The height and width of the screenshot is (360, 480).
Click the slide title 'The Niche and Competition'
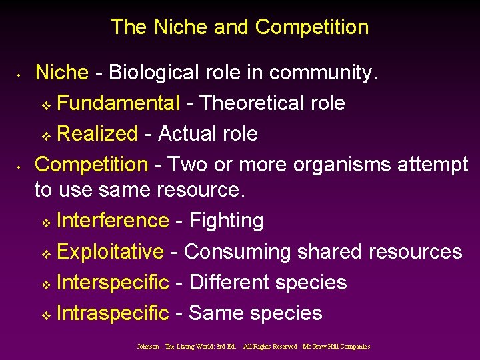(x=239, y=27)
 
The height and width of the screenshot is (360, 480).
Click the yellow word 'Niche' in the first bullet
(x=61, y=72)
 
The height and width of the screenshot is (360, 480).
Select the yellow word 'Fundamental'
(x=118, y=103)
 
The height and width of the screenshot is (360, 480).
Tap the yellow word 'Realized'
(x=97, y=133)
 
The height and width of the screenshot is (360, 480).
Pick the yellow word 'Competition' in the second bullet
(x=91, y=164)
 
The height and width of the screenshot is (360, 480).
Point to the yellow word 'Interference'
(x=113, y=221)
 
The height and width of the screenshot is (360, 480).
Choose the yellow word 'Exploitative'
(x=110, y=251)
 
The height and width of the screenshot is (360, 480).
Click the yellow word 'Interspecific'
(x=113, y=282)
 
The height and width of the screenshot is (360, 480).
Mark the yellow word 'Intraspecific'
(x=113, y=313)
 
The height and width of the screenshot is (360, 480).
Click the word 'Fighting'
(x=227, y=221)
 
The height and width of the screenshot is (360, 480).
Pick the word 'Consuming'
(x=237, y=251)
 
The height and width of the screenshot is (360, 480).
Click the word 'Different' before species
(x=229, y=282)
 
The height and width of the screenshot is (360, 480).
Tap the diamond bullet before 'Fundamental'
(x=46, y=105)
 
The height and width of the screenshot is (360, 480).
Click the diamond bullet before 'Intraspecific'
(x=46, y=315)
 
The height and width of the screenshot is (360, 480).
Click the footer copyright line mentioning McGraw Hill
(x=253, y=347)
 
